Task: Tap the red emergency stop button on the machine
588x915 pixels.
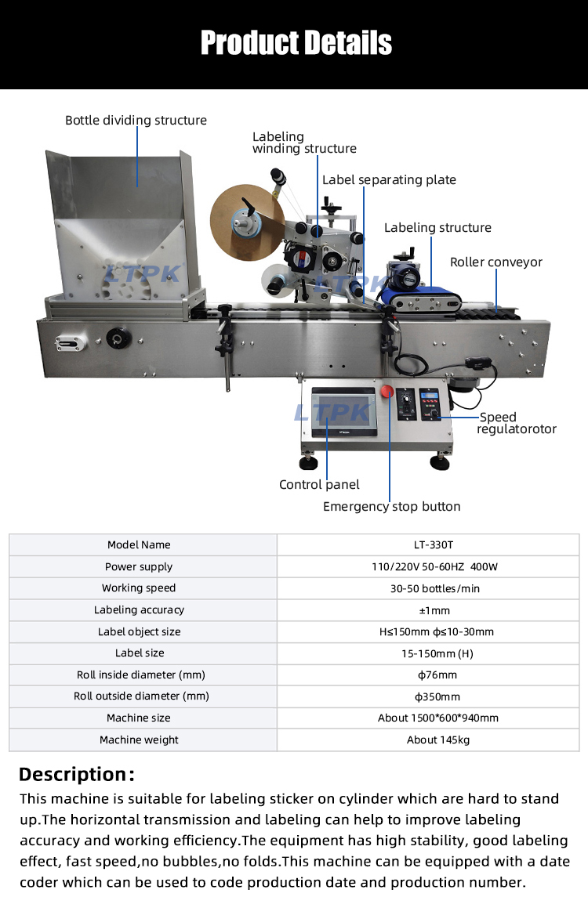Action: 386,392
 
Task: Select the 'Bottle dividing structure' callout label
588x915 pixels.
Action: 136,121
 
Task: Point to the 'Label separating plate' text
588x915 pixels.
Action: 389,180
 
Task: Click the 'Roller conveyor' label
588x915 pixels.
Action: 496,262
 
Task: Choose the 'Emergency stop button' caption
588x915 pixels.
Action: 391,507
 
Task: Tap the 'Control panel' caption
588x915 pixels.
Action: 319,485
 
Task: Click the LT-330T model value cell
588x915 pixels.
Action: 428,545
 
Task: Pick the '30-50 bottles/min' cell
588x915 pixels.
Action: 428,588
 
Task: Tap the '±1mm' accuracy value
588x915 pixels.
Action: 428,610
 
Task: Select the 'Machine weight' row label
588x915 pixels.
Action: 139,740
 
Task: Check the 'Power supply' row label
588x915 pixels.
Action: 139,567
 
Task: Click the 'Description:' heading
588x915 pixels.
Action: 77,775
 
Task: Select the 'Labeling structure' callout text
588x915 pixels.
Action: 437,228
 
